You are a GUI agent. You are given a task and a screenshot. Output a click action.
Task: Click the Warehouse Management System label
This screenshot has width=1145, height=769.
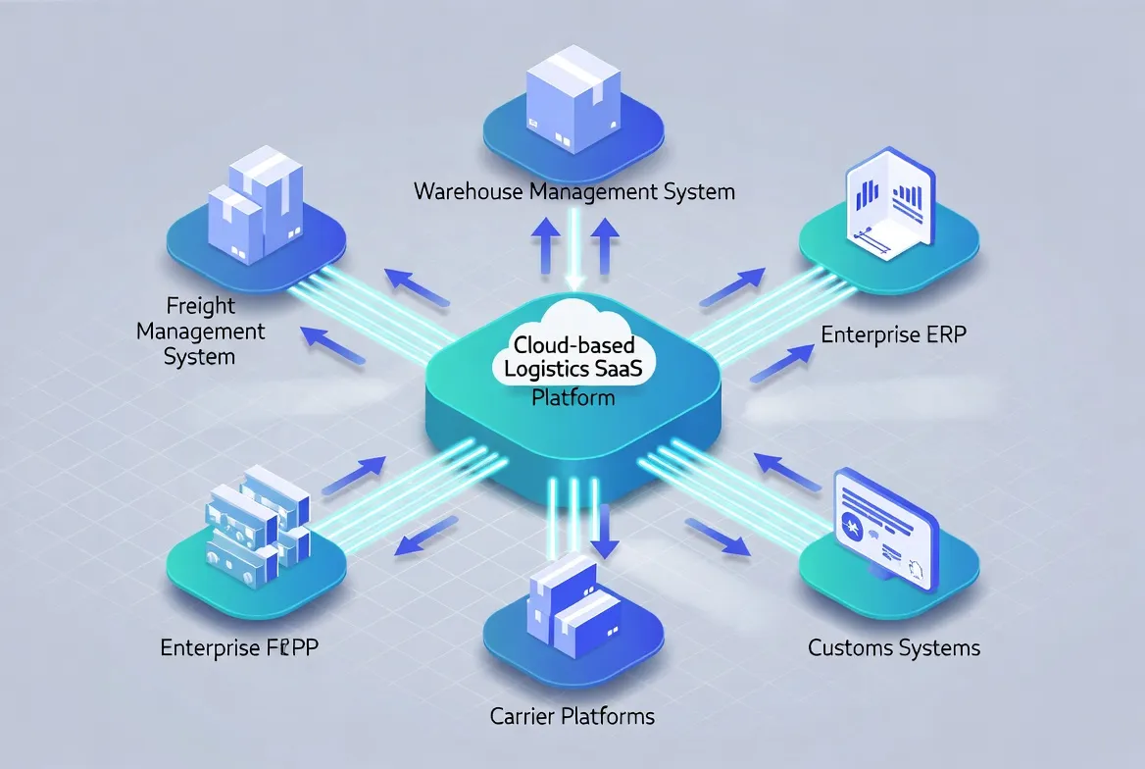click(x=573, y=190)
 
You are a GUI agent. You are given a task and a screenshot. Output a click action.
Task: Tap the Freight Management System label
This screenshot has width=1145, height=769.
click(x=201, y=332)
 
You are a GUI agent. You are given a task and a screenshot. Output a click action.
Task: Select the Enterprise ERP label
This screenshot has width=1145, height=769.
click(x=893, y=334)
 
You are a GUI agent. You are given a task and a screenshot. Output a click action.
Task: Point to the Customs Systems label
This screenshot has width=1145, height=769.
click(x=894, y=648)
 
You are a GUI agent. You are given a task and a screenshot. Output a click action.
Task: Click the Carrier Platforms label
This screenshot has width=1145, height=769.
click(x=572, y=716)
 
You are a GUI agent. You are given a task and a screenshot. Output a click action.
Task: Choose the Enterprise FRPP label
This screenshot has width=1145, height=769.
click(x=244, y=648)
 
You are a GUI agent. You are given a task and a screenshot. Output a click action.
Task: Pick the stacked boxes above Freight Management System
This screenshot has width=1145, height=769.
click(x=255, y=207)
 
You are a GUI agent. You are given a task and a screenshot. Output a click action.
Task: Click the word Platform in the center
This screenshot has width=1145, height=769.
click(x=572, y=397)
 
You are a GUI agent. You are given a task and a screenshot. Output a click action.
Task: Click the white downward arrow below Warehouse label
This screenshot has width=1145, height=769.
click(x=575, y=253)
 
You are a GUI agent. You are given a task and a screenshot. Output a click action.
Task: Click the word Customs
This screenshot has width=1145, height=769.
click(x=850, y=648)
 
